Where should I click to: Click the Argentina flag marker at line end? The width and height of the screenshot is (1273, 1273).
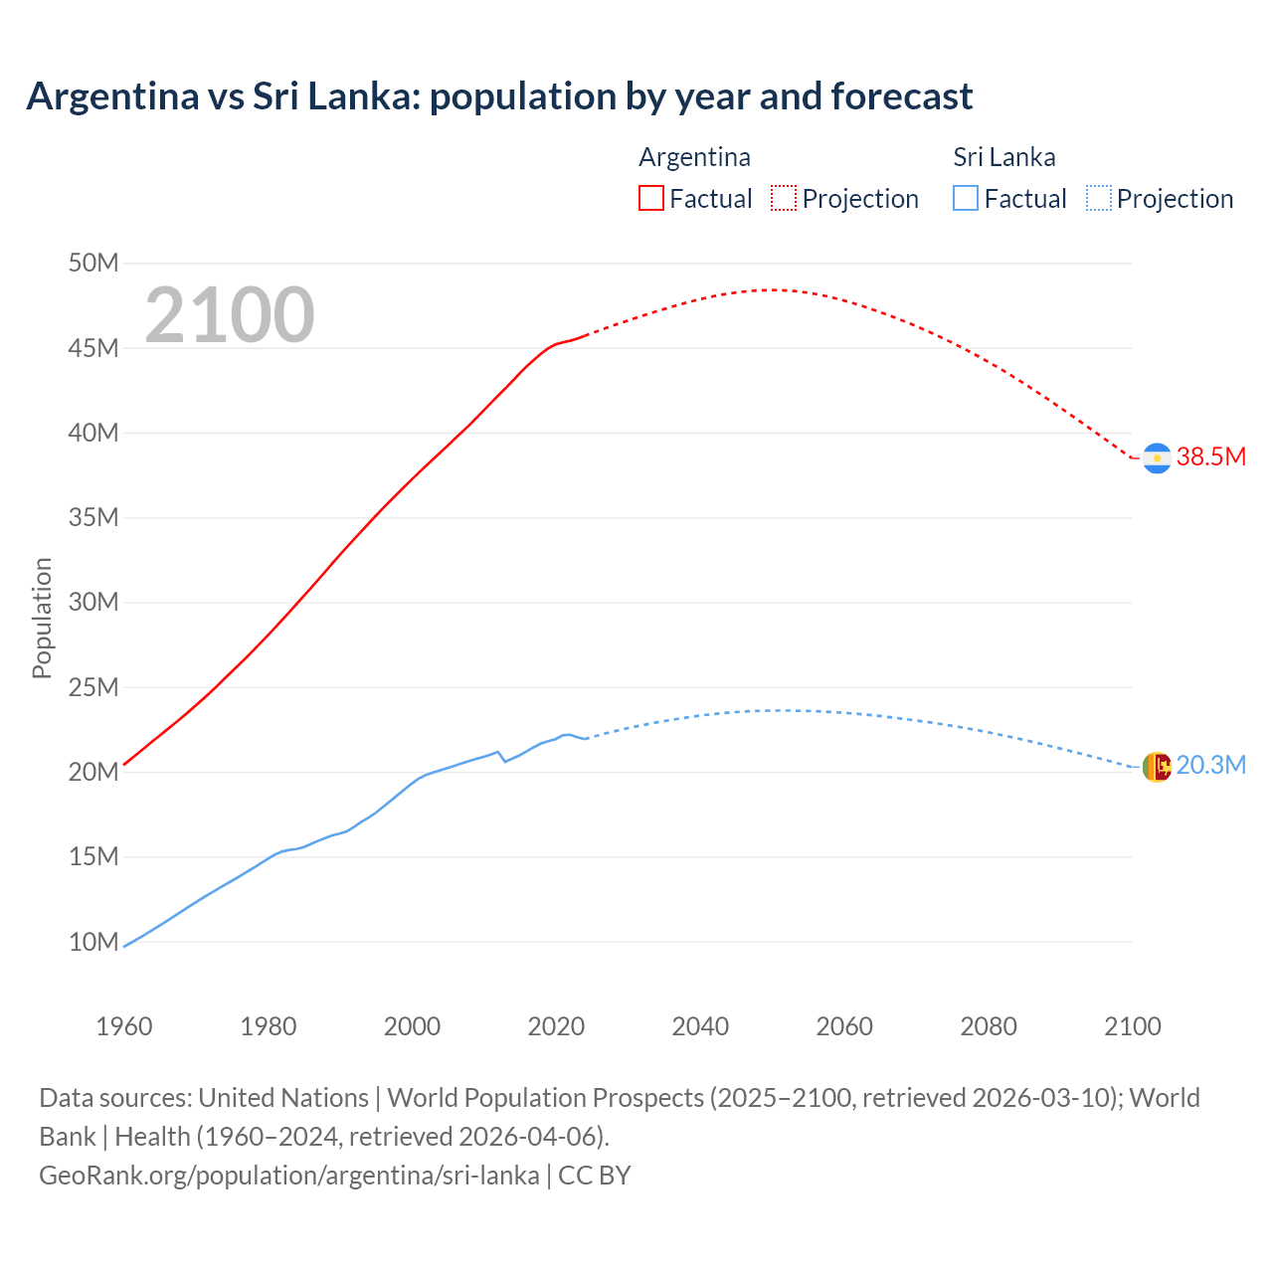[1157, 457]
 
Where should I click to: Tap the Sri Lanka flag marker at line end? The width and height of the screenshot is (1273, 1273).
[1157, 767]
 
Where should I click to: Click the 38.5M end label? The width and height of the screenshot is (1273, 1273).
[1210, 457]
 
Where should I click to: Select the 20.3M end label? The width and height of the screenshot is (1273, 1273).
[1210, 766]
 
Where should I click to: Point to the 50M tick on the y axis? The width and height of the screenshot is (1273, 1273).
[93, 264]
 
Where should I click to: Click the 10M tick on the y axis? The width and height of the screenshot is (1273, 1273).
[93, 942]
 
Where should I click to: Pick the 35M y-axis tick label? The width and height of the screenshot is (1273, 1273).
[93, 518]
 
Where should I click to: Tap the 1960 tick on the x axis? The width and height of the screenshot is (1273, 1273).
[124, 1026]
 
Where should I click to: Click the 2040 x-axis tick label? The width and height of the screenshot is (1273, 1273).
[700, 1026]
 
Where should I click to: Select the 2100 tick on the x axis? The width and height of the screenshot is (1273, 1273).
[1132, 1026]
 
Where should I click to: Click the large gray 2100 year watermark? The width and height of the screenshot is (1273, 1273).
[230, 315]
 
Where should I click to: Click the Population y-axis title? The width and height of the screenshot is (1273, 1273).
[42, 618]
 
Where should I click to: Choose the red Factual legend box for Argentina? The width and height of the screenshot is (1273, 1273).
[651, 199]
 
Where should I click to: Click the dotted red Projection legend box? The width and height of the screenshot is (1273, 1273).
[784, 199]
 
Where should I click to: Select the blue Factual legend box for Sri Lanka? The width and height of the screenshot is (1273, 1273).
[966, 199]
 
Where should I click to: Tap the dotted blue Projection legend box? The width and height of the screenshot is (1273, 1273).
[1099, 199]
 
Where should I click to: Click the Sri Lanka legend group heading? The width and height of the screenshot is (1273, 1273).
[1003, 157]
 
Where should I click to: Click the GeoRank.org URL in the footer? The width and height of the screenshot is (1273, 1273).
[288, 1176]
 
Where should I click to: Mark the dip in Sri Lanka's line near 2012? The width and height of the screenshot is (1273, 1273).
[504, 761]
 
